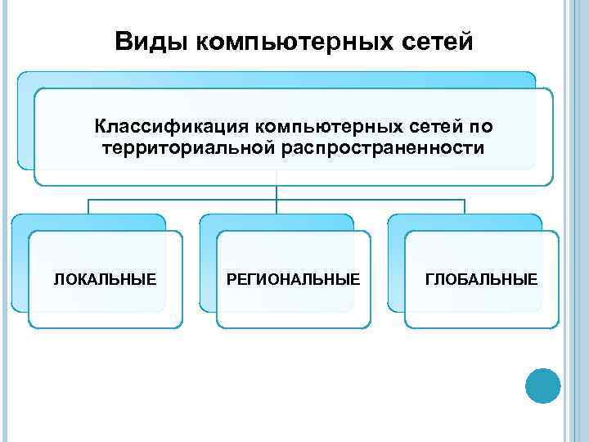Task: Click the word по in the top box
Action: (x=482, y=127)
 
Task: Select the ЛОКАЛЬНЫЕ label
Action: (x=105, y=280)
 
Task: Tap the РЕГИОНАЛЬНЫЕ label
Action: (x=293, y=280)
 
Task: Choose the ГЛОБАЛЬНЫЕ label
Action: (x=482, y=280)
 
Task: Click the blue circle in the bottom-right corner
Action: (x=542, y=385)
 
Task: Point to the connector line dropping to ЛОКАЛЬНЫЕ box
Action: (x=88, y=206)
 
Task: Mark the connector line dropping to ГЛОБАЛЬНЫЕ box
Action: (x=465, y=206)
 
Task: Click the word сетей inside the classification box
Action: (x=434, y=127)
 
